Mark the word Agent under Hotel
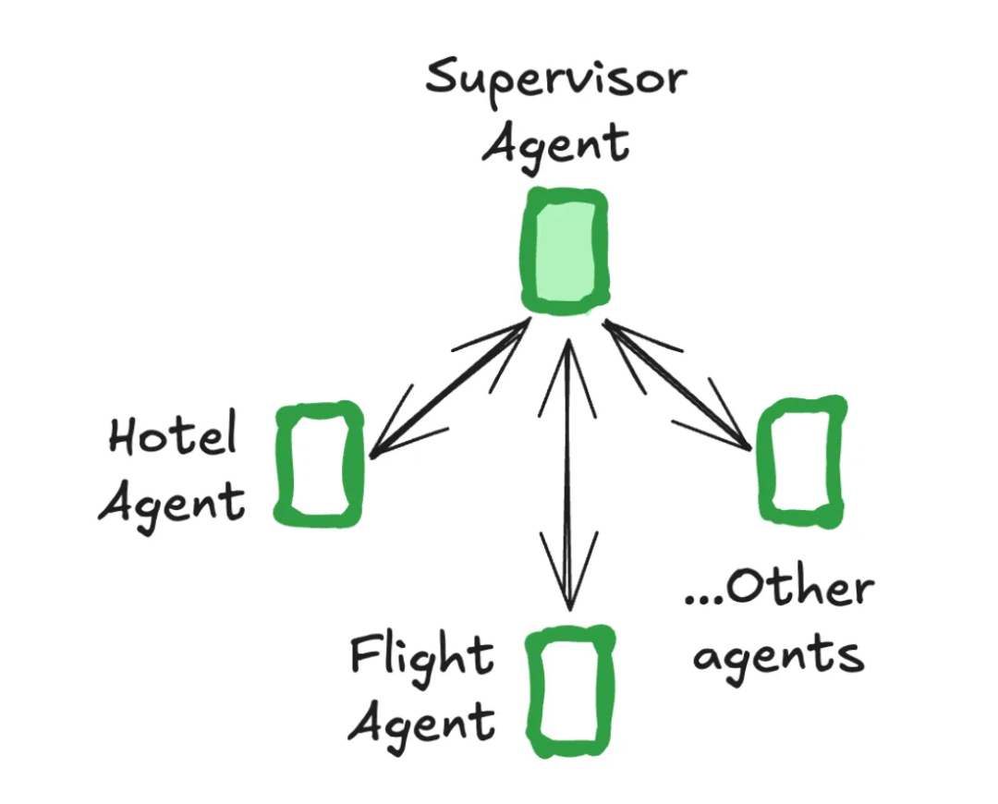point(173,504)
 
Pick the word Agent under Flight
point(421,723)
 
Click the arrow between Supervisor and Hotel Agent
point(450,389)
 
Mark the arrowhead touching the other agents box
point(730,434)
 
